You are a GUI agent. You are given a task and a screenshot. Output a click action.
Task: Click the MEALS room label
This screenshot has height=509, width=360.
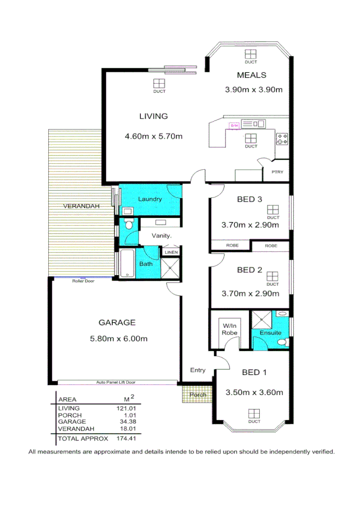point(252,75)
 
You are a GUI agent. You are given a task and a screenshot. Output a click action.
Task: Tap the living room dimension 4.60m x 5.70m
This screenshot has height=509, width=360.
point(154,136)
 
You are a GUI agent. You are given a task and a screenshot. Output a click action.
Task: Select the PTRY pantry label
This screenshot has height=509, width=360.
point(277,172)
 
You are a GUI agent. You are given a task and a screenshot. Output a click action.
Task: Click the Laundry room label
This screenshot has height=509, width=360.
point(150,199)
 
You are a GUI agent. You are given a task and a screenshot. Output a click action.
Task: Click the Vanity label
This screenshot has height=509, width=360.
point(161,236)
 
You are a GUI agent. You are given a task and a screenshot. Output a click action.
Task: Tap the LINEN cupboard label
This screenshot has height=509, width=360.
point(171,252)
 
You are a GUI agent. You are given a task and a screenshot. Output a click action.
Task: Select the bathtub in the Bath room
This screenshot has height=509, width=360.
point(126,264)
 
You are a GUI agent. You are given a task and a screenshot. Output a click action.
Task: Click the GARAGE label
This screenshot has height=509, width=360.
point(117,323)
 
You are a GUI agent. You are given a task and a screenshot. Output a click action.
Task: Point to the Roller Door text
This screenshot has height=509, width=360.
point(83,281)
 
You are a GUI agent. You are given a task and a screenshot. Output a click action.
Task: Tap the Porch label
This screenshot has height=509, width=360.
point(198,395)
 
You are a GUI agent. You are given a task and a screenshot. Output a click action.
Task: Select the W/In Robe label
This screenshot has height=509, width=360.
point(230,329)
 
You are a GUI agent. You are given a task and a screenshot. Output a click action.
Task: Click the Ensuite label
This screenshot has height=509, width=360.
point(270,332)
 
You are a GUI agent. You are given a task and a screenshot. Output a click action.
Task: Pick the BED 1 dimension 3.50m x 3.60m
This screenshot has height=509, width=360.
point(254,393)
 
